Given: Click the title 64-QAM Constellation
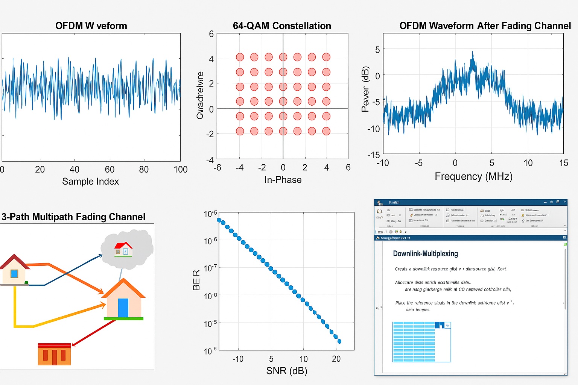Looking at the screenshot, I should pyautogui.click(x=282, y=26).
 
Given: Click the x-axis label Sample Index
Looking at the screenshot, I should pyautogui.click(x=90, y=182).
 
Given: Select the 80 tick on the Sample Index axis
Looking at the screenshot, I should pyautogui.click(x=144, y=170).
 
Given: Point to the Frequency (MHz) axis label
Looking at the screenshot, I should pyautogui.click(x=473, y=176).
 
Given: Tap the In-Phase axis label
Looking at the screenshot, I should pyautogui.click(x=283, y=180).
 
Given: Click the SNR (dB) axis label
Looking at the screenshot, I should pyautogui.click(x=286, y=371).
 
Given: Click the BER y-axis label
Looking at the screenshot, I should pyautogui.click(x=196, y=280).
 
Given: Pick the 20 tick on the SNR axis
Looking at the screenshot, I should pyautogui.click(x=336, y=359).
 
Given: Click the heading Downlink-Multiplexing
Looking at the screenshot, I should pyautogui.click(x=425, y=254).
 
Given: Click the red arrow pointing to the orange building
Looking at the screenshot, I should pyautogui.click(x=92, y=333).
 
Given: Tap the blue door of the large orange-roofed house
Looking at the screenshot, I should pyautogui.click(x=123, y=308).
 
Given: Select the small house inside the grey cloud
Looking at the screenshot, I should pyautogui.click(x=123, y=249).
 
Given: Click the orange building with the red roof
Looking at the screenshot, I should pyautogui.click(x=54, y=354).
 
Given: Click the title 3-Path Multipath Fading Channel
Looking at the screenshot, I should pyautogui.click(x=73, y=217).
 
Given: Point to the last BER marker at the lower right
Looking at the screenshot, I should pyautogui.click(x=339, y=341).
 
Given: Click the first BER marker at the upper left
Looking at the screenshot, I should pyautogui.click(x=219, y=220).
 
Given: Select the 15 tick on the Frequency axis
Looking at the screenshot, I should pyautogui.click(x=563, y=163).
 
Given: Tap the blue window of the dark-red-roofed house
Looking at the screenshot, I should pyautogui.click(x=14, y=274).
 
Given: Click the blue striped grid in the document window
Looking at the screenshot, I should pyautogui.click(x=414, y=342).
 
